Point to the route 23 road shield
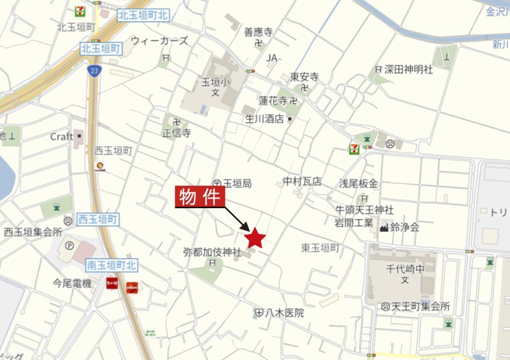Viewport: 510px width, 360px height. [94, 70]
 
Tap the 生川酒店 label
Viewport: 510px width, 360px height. [264, 119]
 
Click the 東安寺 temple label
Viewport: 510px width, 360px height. [304, 77]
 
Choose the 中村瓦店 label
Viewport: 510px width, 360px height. [303, 181]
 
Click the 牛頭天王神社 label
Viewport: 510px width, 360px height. [364, 210]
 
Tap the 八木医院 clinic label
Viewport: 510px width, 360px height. [282, 312]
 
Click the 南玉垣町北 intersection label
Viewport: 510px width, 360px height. [113, 265]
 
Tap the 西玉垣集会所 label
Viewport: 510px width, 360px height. [33, 232]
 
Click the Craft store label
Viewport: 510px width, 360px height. [62, 135]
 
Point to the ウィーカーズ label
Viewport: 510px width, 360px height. [160, 40]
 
